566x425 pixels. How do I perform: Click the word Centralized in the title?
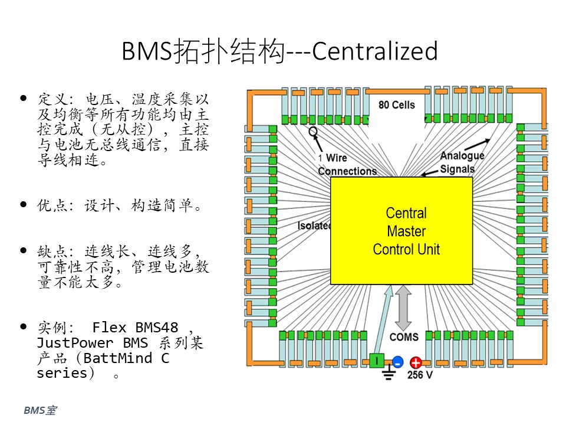(x=375, y=51)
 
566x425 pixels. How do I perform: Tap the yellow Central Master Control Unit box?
(x=402, y=231)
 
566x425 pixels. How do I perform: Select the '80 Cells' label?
(x=396, y=105)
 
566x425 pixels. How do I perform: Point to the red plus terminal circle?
(x=416, y=362)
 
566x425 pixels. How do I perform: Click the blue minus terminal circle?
(x=397, y=361)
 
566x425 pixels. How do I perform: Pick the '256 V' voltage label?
(x=420, y=375)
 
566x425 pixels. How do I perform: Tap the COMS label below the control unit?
(x=404, y=337)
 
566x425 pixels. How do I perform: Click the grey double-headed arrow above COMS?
(x=403, y=308)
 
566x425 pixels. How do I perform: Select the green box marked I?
(x=377, y=360)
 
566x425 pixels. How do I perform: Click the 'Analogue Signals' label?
(x=462, y=162)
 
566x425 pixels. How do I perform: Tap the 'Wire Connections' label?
(x=347, y=165)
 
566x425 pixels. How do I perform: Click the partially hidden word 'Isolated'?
(x=314, y=225)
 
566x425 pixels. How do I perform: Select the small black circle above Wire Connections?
(x=313, y=131)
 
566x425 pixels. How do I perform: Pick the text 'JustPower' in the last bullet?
(x=75, y=342)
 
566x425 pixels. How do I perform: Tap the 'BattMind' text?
(x=118, y=358)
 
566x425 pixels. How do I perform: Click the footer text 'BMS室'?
(x=40, y=410)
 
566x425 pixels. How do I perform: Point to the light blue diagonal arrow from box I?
(x=383, y=319)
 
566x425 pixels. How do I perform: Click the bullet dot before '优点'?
(x=24, y=205)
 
